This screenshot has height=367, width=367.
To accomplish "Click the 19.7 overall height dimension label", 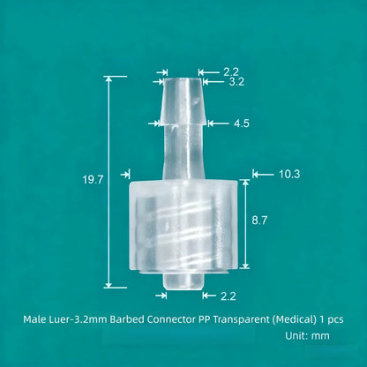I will pyautogui.click(x=93, y=179).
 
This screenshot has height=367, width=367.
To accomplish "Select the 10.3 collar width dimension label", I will pyautogui.click(x=289, y=174).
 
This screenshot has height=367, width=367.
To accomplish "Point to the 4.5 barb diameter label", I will pyautogui.click(x=242, y=124).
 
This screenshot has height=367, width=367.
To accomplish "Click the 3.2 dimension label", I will pyautogui.click(x=236, y=82).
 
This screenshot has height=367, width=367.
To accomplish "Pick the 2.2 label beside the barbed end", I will pyautogui.click(x=230, y=71).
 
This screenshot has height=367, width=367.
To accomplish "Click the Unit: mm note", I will pyautogui.click(x=308, y=335).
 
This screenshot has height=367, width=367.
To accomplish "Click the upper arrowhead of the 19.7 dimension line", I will pyautogui.click(x=109, y=80).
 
